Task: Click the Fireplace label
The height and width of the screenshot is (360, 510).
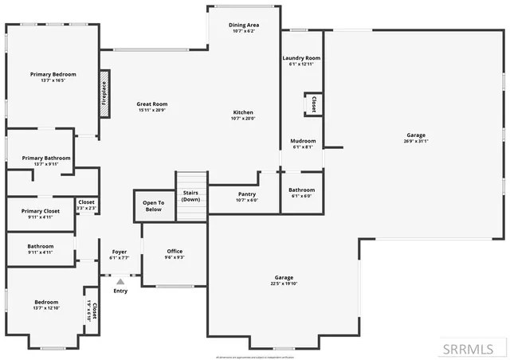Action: point(104,93)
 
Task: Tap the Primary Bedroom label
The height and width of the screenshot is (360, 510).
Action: point(53,74)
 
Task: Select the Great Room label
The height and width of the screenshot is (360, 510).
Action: point(152,104)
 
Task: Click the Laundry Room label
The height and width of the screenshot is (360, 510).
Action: point(301,58)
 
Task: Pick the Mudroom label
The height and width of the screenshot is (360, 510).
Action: point(303,141)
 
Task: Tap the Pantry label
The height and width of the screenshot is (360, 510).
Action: point(247,194)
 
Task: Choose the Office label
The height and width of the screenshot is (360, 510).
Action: point(175,251)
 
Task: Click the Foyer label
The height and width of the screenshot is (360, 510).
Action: point(119,252)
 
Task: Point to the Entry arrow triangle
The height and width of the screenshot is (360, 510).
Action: point(120,280)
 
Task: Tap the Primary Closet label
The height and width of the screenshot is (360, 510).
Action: point(41,210)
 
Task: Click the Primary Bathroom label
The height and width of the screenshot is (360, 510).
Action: point(46,158)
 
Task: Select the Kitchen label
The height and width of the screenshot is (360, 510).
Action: point(243,112)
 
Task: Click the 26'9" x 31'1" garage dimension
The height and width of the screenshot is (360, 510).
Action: point(416,142)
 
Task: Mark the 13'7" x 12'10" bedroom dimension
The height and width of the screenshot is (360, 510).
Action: point(46,307)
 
